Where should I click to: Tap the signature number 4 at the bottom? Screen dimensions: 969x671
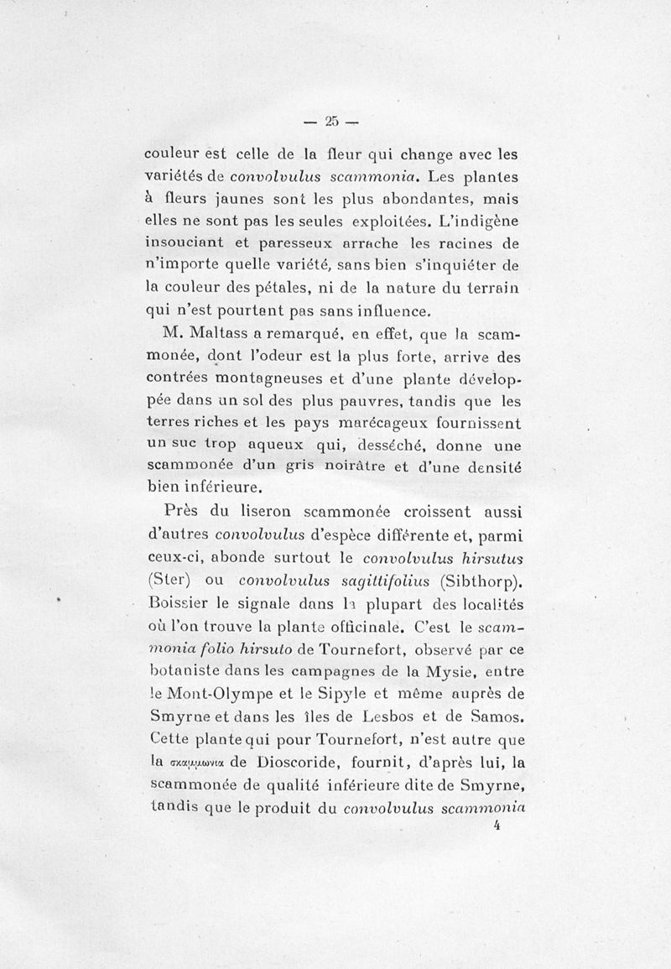click(x=497, y=825)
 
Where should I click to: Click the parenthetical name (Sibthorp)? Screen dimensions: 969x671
click(x=481, y=578)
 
